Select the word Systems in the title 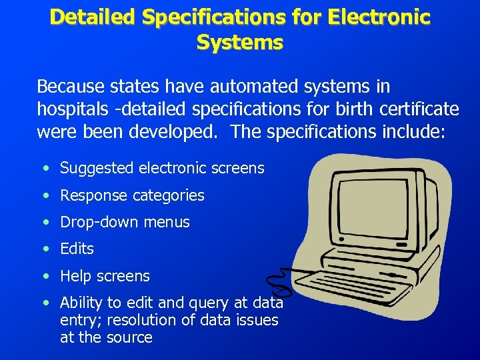239,42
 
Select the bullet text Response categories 132,195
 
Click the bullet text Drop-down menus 125,222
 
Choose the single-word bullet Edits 77,249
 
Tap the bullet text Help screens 105,275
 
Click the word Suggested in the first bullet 97,168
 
